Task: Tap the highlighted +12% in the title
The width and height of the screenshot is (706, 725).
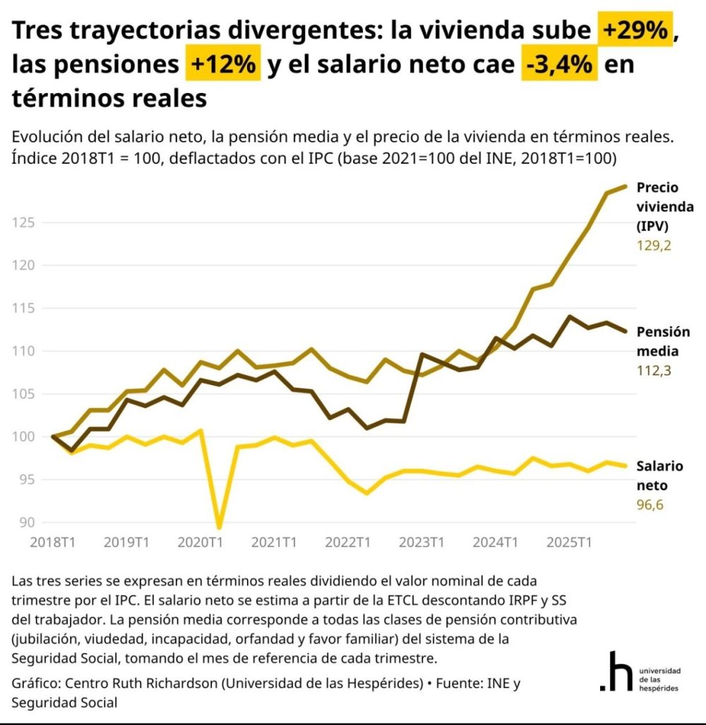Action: click(x=222, y=64)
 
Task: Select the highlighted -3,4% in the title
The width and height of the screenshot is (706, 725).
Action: click(x=559, y=64)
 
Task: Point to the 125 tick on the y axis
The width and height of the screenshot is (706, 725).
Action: click(x=25, y=223)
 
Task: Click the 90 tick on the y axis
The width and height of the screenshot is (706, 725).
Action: click(x=27, y=523)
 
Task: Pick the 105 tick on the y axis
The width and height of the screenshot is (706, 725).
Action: click(x=25, y=394)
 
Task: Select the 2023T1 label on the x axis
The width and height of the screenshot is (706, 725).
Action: click(x=421, y=542)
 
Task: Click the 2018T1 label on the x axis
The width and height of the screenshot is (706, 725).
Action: click(x=53, y=542)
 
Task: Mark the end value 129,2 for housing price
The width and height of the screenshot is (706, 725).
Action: click(x=654, y=247)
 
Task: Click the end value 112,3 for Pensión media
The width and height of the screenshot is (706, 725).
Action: click(x=653, y=371)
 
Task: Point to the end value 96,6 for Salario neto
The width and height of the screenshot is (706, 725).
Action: click(x=650, y=505)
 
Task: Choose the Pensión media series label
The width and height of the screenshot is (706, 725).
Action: click(x=659, y=341)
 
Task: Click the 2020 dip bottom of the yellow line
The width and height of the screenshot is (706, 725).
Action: click(x=219, y=526)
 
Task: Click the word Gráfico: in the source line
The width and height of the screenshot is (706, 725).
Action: click(x=37, y=683)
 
